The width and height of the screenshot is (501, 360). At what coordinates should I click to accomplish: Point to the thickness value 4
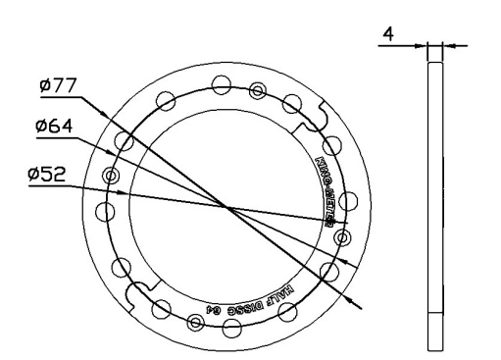click(x=388, y=35)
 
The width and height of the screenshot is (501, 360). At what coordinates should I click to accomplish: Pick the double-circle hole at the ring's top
click(x=257, y=90)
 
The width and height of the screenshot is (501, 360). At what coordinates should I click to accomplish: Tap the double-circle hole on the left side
click(x=111, y=177)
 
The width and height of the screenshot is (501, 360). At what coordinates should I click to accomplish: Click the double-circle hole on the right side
click(x=341, y=237)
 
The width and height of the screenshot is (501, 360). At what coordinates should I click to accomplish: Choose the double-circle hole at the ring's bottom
click(x=196, y=323)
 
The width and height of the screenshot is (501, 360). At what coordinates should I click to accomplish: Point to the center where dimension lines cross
click(x=226, y=207)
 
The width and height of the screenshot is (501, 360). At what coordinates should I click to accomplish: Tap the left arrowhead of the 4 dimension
click(x=424, y=45)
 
